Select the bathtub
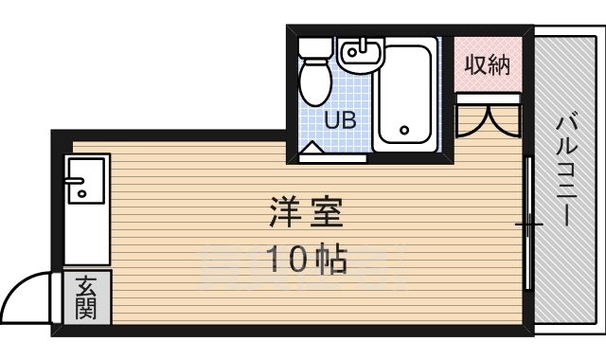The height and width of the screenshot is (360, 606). point(404,95)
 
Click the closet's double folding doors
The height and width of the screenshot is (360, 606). point(488,118)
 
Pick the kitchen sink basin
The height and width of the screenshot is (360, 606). point(86,180)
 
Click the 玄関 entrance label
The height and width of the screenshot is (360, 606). point(87,297)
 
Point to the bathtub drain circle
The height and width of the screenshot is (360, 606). point(404,130)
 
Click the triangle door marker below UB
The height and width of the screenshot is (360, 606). point(312,148)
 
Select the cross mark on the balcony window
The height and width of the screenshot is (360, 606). point(529,225)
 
